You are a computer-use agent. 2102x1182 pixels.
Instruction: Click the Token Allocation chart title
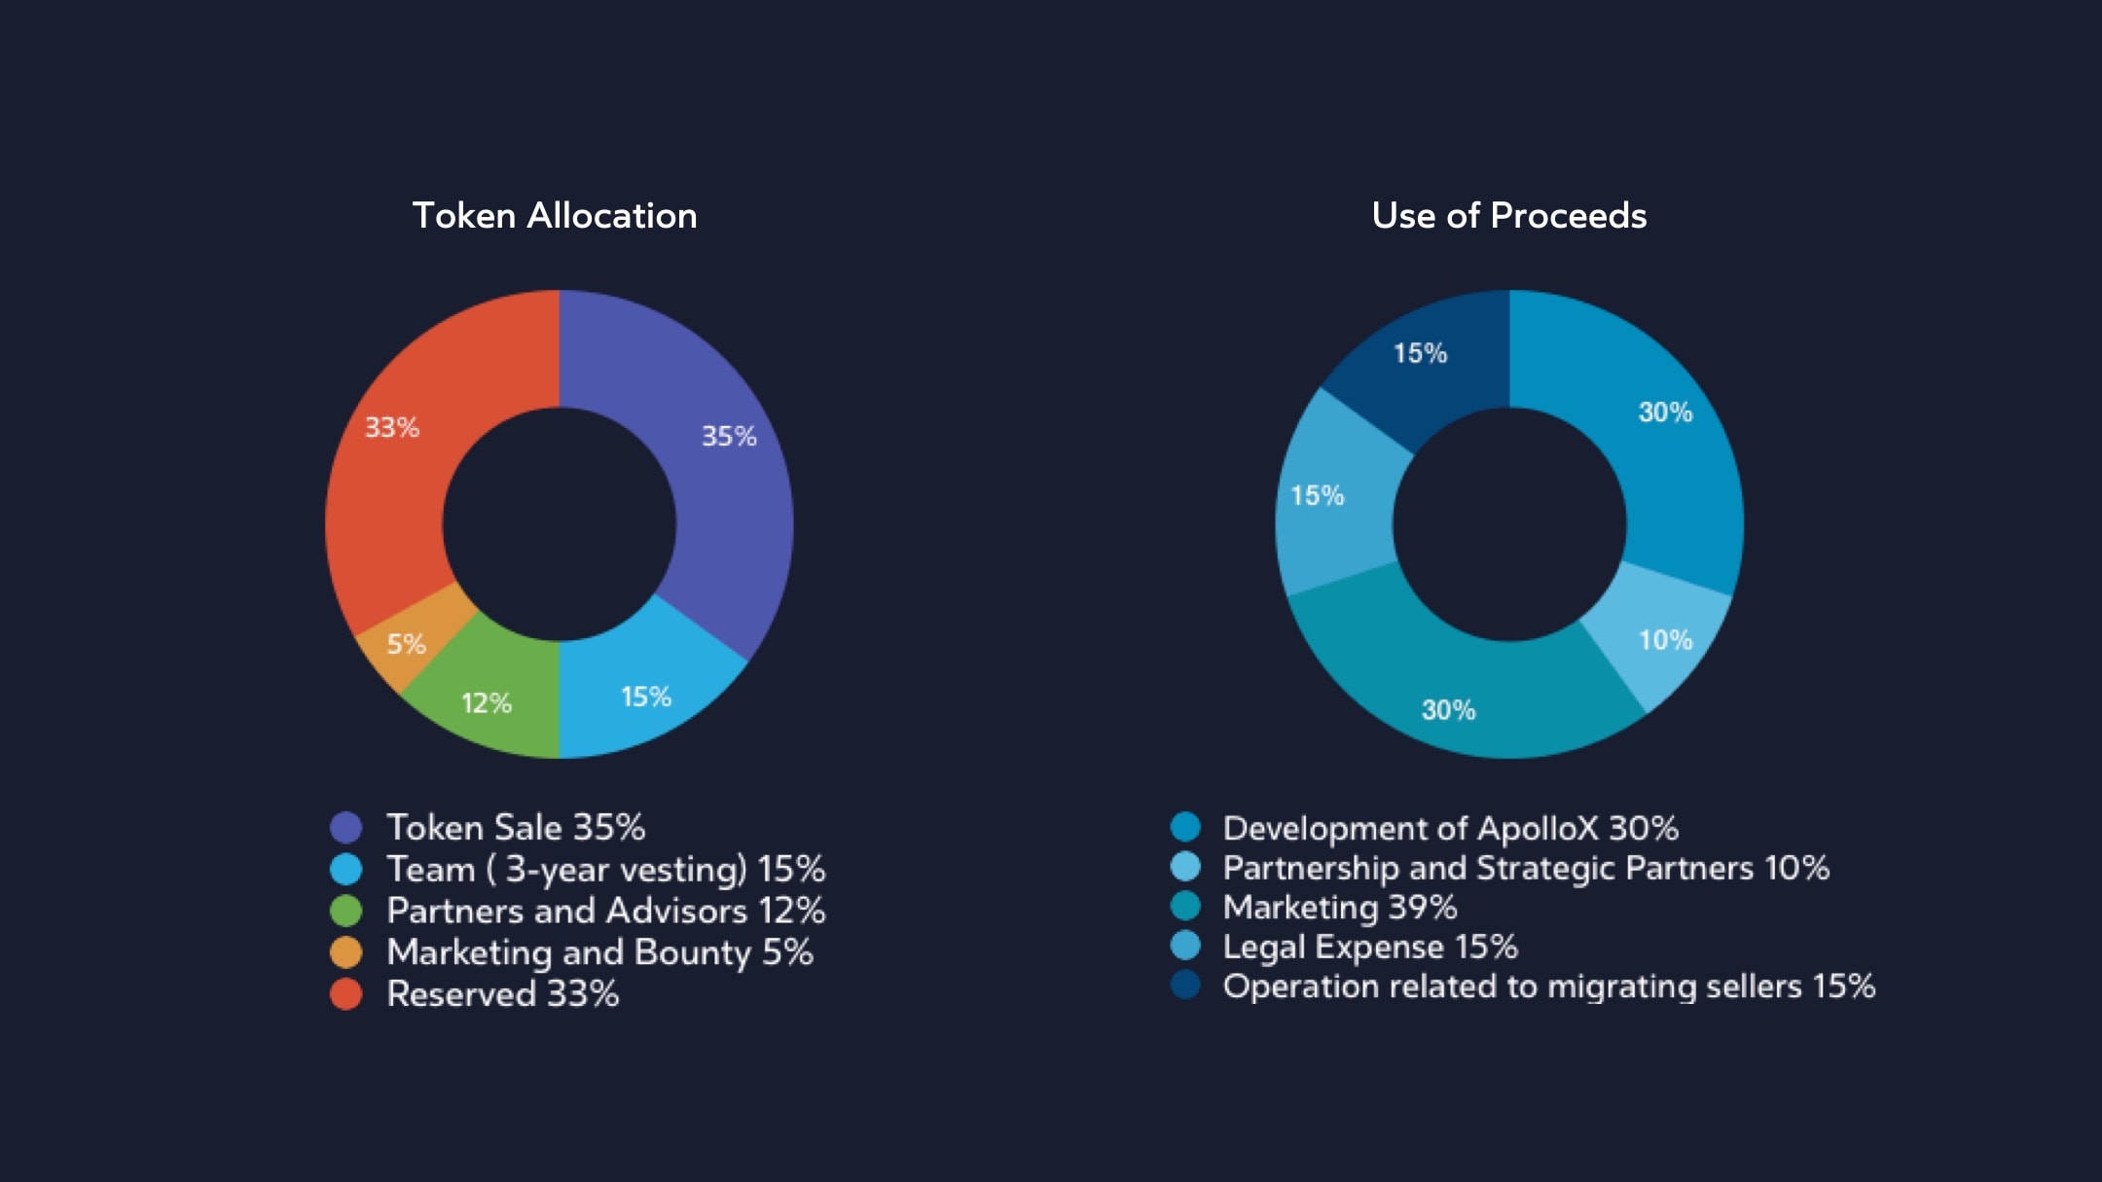555,216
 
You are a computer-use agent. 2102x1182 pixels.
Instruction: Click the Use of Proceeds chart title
1508,216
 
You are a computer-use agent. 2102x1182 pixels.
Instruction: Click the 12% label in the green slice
487,703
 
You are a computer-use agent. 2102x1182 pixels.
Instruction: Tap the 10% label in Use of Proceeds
1665,640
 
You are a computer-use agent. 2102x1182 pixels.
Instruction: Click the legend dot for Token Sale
345,828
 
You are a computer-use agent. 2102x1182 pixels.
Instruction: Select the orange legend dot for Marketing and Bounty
345,952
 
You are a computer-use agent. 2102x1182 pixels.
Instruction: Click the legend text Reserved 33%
502,994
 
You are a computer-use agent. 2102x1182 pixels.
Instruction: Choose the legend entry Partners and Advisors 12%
605,911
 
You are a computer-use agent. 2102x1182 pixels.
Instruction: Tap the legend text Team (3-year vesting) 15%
605,869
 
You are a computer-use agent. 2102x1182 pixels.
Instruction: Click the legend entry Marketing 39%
1339,908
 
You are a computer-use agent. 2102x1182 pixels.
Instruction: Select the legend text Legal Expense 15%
1369,947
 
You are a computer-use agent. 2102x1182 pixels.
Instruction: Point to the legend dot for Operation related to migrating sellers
1185,985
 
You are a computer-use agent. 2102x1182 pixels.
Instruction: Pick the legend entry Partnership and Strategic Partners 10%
1525,868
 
